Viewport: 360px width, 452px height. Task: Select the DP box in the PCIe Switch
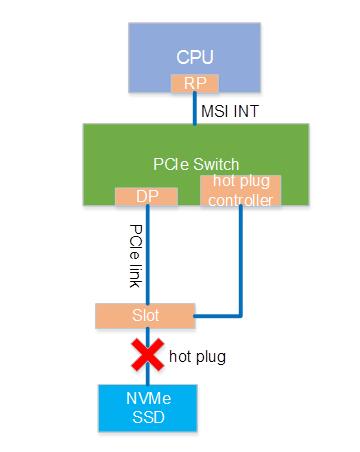[146, 197]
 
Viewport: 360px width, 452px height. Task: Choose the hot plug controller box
[240, 191]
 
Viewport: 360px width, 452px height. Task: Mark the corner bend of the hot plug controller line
[240, 315]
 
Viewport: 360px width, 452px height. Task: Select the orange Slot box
[147, 315]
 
